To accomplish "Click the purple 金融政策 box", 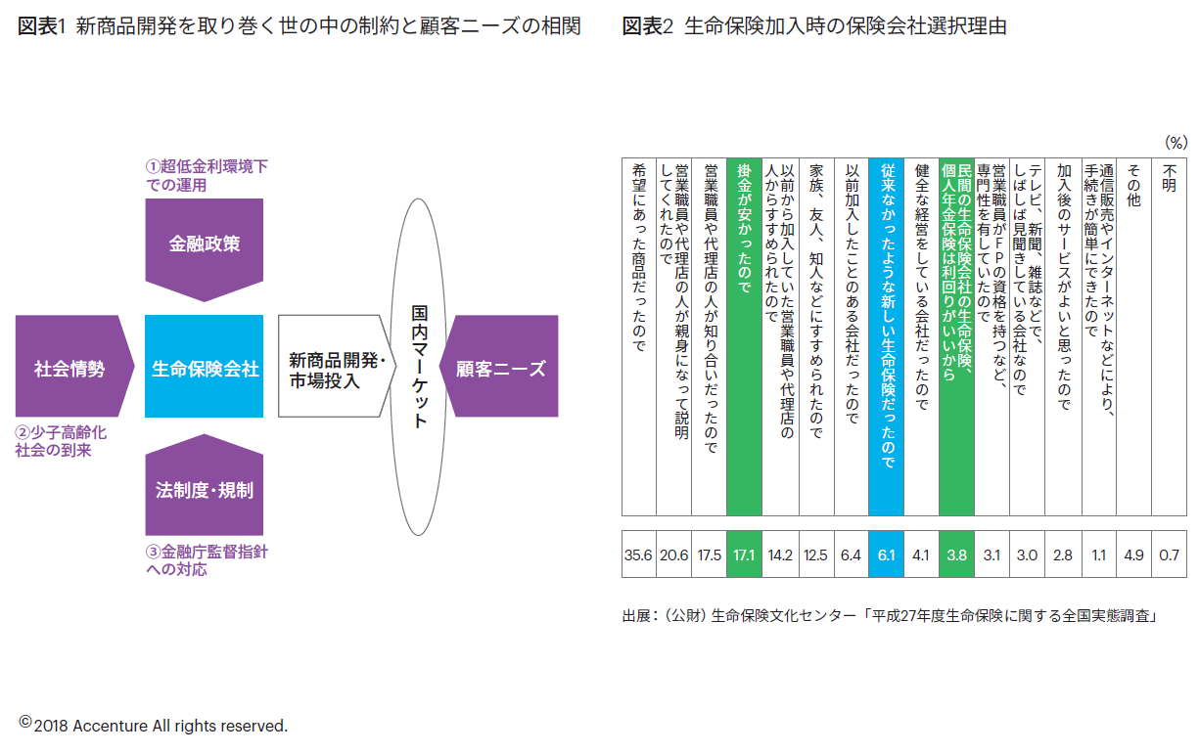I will [x=204, y=244].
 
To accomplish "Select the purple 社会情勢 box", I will [x=69, y=369].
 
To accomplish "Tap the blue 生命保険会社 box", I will [x=204, y=369].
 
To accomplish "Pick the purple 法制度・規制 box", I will [x=204, y=489].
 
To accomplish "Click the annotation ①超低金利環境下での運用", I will [x=206, y=176].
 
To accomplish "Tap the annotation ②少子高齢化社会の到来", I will [x=60, y=442].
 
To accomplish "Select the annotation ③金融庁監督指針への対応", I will [x=206, y=560].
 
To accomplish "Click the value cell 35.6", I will [x=638, y=555].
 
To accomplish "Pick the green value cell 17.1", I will [x=744, y=555].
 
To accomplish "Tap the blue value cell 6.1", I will [x=886, y=555].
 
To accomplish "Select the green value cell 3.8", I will [x=956, y=555].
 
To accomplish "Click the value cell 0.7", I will [x=1169, y=555].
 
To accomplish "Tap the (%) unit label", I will [x=1175, y=142].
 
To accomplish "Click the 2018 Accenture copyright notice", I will [x=154, y=726].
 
